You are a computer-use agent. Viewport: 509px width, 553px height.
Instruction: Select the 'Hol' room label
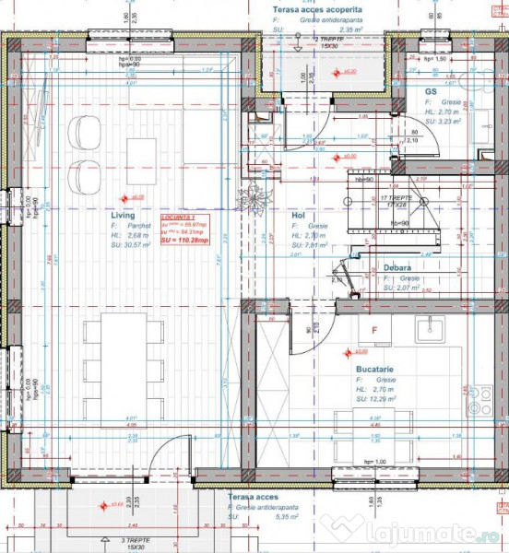(x=298, y=215)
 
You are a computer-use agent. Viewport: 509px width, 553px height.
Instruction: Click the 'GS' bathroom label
(x=430, y=91)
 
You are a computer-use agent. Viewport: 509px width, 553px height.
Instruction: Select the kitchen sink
(x=432, y=328)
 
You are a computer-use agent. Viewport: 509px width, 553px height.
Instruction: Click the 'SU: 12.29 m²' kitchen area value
(x=378, y=399)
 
